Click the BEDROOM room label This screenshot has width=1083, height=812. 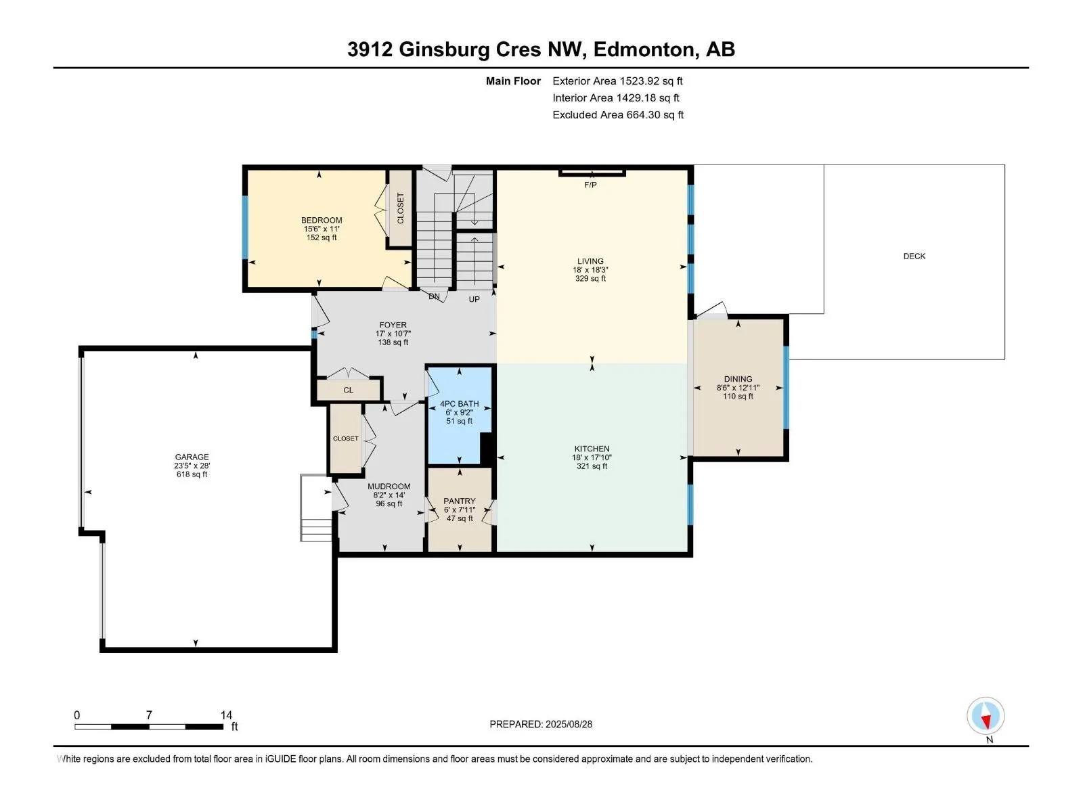[322, 221]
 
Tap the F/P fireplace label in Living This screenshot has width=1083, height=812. [590, 185]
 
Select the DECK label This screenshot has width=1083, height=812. [914, 256]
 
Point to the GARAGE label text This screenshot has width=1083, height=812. [192, 457]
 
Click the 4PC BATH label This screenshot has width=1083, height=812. [460, 404]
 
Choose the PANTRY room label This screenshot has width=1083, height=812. [460, 501]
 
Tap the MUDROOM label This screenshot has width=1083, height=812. [389, 487]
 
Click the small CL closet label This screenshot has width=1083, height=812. [349, 390]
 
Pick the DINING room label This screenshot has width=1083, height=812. [738, 379]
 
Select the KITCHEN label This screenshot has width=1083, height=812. [592, 449]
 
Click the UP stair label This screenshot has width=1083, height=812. [474, 299]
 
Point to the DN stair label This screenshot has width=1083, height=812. [434, 296]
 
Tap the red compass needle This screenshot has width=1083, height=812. [986, 722]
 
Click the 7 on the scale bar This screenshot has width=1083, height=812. [149, 715]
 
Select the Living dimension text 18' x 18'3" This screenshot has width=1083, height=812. [590, 270]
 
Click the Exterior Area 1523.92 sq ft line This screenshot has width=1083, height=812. [617, 81]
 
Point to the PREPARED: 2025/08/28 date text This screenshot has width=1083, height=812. [541, 724]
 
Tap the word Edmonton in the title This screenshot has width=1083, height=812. [646, 50]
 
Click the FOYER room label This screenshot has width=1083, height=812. [393, 325]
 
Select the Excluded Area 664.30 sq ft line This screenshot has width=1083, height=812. [618, 115]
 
